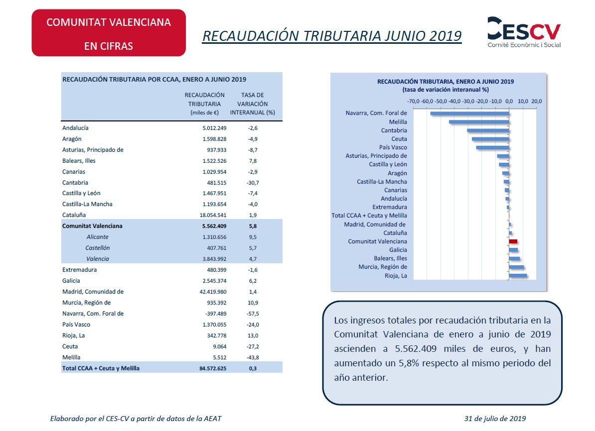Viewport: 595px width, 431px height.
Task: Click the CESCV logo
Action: [524, 32]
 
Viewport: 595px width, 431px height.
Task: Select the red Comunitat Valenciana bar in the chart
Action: [513, 241]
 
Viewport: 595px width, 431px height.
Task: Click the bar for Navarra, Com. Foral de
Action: [470, 113]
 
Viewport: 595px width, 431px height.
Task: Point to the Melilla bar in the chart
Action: [479, 122]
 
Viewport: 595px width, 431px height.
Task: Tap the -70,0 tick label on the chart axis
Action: [413, 101]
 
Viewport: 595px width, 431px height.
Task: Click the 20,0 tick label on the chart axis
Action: [537, 101]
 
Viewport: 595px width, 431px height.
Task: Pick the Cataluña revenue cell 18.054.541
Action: [213, 215]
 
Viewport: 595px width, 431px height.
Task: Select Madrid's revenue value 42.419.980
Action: [213, 292]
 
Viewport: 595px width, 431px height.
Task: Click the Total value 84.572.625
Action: [213, 368]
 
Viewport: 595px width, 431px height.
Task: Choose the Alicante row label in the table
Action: [98, 237]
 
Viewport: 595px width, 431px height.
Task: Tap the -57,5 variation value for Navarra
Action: [253, 314]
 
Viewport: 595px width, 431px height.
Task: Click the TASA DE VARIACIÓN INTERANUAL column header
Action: [252, 104]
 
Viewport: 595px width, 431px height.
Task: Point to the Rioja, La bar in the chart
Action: [518, 276]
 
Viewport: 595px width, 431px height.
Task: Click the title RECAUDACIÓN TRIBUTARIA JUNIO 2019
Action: [332, 36]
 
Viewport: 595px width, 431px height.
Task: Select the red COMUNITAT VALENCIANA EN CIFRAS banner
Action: [109, 33]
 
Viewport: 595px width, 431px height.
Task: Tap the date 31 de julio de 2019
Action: [495, 419]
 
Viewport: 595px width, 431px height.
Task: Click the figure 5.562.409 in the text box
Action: [416, 349]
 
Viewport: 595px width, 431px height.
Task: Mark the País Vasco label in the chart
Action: [393, 147]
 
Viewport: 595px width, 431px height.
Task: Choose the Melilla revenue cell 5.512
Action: [220, 357]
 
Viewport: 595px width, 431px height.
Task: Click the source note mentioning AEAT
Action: [136, 419]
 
